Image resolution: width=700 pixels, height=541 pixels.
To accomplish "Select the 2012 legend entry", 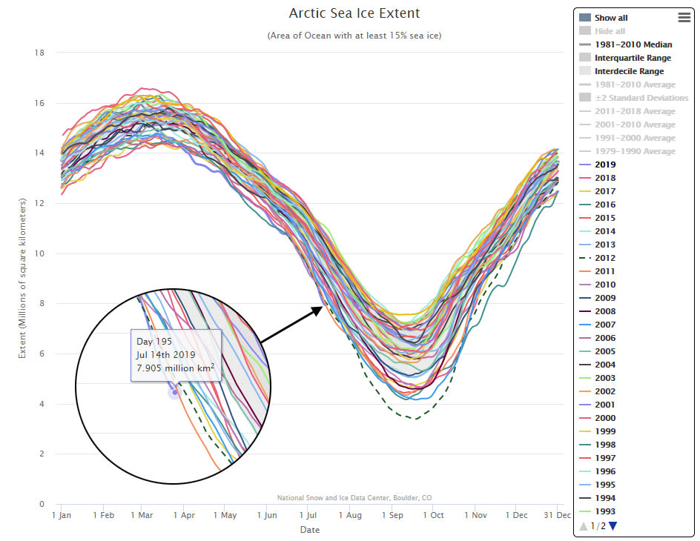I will [604, 258].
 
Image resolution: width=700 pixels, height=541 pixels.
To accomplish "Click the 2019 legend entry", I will [604, 165].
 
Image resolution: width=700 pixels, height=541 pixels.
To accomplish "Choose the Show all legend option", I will [611, 18].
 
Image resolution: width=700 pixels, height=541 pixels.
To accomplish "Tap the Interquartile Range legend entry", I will [633, 58].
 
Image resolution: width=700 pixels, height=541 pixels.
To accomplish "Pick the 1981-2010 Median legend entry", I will [633, 44].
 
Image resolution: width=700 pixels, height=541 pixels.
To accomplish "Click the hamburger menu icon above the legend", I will [684, 18].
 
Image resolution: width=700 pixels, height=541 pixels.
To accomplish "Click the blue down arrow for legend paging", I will [612, 526].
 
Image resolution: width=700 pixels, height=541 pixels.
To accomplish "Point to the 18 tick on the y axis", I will [40, 53].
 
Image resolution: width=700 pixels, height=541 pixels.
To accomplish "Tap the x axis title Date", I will [310, 530].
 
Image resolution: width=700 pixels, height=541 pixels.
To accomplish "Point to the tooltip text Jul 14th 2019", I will [166, 354].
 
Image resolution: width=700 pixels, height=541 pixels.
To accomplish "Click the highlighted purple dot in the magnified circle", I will [175, 393].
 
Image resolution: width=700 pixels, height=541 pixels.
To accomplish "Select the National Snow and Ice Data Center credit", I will [354, 498].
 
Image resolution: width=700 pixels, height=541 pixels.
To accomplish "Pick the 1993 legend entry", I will [604, 511].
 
